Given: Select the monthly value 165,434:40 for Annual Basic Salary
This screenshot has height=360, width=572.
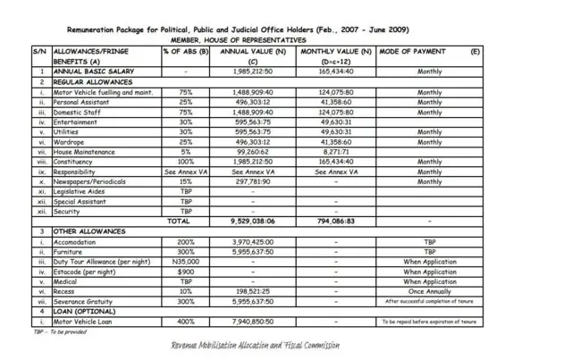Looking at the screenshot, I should tap(336, 71).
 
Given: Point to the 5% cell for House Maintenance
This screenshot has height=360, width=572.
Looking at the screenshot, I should tap(185, 152).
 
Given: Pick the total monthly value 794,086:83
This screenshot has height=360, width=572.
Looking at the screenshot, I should tap(336, 221).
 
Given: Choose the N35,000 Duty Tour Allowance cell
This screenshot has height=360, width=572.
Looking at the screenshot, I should tap(185, 261).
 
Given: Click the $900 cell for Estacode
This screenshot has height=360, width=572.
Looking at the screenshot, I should tap(185, 271).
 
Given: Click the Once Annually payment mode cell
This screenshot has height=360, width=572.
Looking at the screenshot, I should tap(429, 291).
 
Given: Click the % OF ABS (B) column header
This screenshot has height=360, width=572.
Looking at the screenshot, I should tap(185, 52).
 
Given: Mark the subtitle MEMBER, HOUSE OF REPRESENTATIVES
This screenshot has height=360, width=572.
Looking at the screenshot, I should tap(239, 40).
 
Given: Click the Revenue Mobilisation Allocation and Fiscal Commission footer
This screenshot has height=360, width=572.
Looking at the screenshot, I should tap(255, 345).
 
